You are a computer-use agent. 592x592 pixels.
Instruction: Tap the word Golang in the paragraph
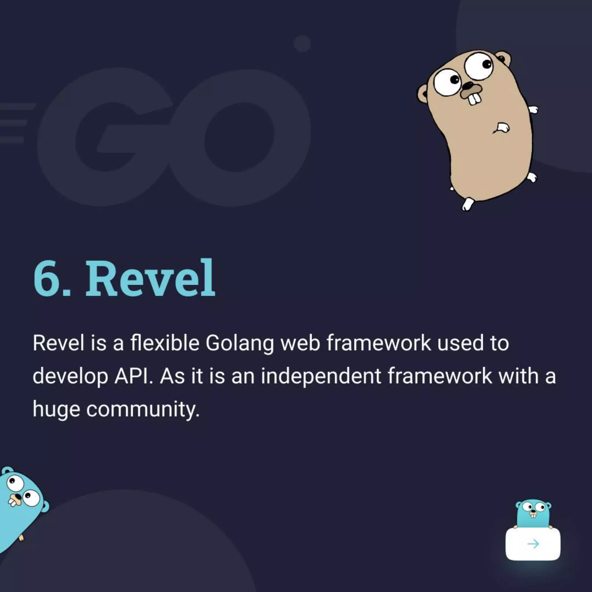239,343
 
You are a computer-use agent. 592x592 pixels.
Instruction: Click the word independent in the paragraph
321,377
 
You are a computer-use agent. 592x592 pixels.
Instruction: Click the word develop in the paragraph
70,377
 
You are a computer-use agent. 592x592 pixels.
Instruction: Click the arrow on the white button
533,544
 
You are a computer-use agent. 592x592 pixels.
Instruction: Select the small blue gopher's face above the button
533,510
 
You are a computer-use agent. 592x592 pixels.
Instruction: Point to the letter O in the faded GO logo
239,138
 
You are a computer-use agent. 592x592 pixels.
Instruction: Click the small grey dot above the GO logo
302,44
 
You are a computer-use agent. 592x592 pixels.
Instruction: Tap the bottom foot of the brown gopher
467,204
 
